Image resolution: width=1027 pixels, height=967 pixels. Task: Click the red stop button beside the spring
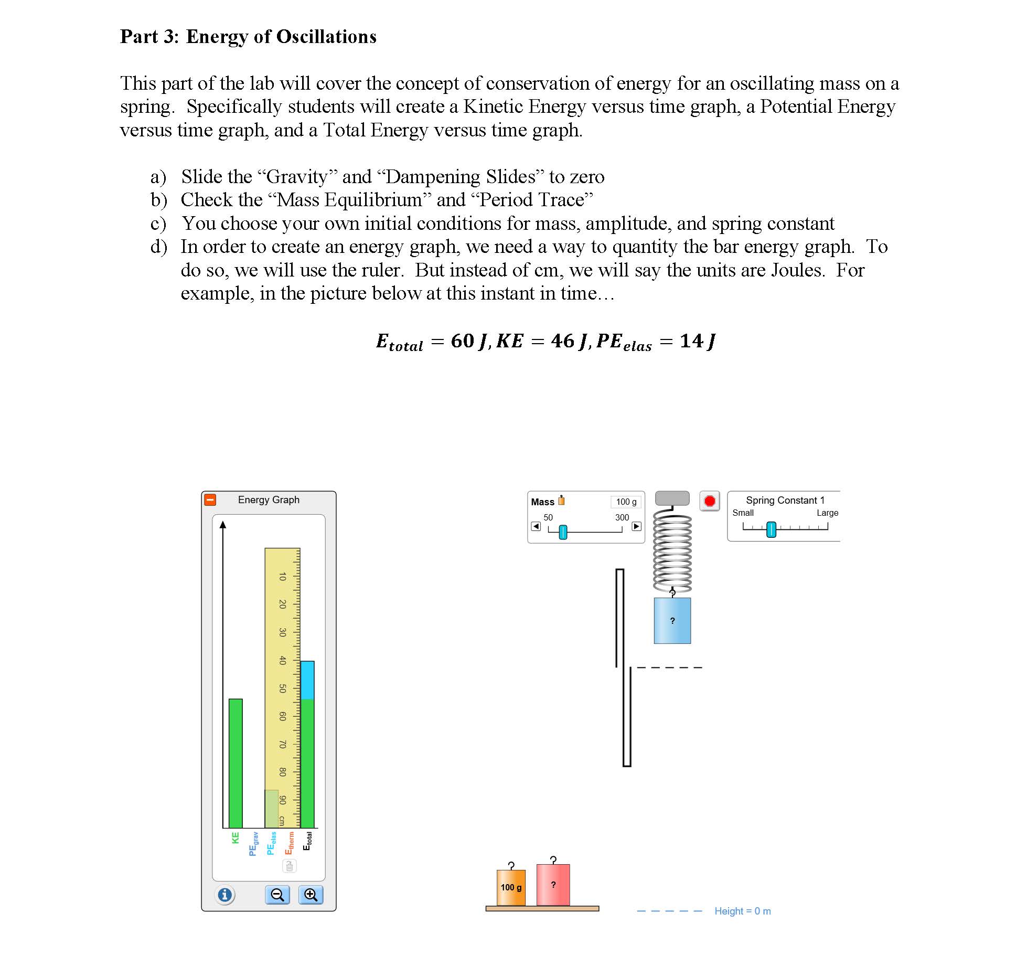click(710, 501)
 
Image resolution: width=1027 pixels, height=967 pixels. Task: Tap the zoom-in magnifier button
click(311, 895)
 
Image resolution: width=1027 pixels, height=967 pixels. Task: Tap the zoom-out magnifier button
click(277, 895)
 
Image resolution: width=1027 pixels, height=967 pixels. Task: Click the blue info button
click(225, 895)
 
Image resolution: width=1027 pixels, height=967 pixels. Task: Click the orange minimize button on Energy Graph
click(210, 500)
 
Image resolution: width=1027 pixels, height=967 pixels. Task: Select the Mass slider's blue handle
click(563, 532)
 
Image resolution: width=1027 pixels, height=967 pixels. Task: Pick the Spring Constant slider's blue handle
click(771, 529)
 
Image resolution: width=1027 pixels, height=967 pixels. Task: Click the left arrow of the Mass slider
click(536, 526)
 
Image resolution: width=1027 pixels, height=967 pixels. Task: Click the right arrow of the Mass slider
click(636, 526)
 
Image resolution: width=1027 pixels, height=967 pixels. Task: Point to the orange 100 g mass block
click(511, 888)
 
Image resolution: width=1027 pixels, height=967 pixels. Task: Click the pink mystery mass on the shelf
click(553, 885)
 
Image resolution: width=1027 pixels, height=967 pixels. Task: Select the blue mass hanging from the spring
click(672, 621)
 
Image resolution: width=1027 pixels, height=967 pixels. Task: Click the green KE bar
click(236, 763)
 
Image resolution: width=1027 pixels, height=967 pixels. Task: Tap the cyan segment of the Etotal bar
click(307, 680)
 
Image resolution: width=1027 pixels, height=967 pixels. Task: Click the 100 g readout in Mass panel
click(626, 502)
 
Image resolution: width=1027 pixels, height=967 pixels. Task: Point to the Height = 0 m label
click(742, 911)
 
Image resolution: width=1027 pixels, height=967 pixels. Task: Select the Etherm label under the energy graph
click(289, 843)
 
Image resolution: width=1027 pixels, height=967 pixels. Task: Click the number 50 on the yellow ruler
click(282, 688)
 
